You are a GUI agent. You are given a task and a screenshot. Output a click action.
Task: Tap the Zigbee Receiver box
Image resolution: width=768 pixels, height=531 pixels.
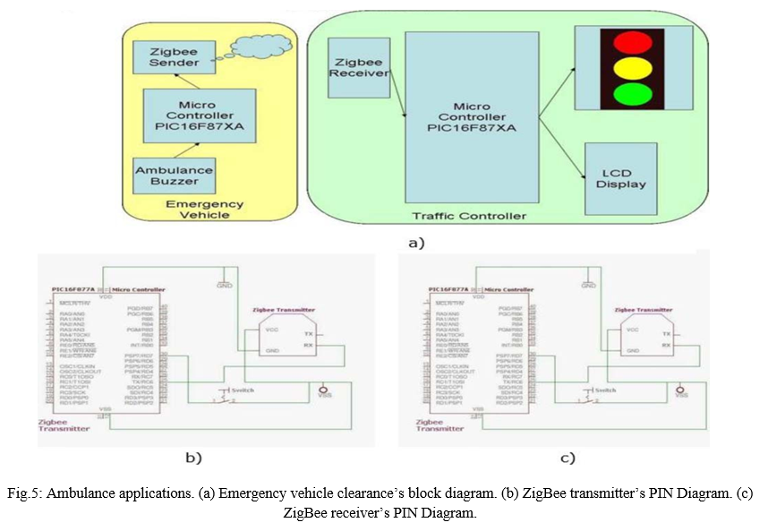click(359, 68)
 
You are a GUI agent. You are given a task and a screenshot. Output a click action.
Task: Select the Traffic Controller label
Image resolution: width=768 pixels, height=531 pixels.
click(469, 216)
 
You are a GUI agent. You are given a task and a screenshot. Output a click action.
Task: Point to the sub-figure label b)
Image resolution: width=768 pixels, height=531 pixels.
click(192, 457)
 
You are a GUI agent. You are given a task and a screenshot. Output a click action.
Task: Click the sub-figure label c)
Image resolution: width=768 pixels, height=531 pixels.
click(567, 458)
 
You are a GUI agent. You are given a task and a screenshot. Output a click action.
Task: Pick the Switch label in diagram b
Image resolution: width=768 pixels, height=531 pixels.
click(242, 390)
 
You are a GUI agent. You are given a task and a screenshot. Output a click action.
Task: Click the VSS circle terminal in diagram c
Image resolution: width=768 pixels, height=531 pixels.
click(680, 390)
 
